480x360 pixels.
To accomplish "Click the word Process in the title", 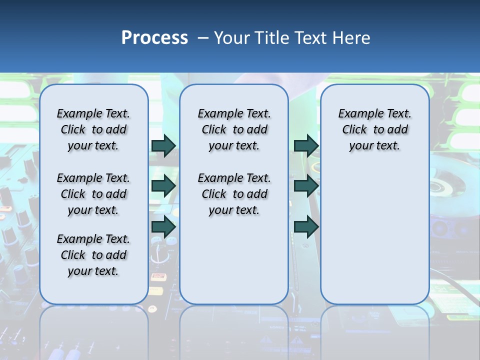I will point(154,38).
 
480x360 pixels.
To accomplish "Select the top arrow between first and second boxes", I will point(163,145).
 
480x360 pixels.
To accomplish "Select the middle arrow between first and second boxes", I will point(163,186).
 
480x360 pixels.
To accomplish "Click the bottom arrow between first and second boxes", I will point(163,227).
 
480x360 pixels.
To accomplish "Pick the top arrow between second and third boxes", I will point(306,145).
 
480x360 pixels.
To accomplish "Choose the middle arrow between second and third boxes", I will point(306,186).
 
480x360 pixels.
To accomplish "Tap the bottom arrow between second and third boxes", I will point(306,227).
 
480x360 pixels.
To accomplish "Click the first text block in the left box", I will point(93,129).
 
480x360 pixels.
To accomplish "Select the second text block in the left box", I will point(93,194).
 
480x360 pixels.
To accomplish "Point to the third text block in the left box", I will point(93,255).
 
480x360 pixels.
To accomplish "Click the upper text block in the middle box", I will point(234,129).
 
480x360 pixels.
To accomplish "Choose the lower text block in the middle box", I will point(234,194).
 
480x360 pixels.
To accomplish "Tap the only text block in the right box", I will point(374,129).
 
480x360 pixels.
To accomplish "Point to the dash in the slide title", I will point(203,38).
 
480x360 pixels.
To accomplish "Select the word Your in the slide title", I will point(231,38).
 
